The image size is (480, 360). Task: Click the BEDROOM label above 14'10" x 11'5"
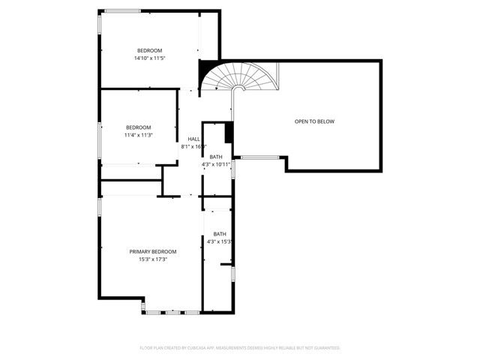[148, 50]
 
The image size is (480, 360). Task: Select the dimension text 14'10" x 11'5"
[148, 58]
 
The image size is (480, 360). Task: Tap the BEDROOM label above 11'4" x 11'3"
[139, 127]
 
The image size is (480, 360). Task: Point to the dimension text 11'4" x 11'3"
[139, 135]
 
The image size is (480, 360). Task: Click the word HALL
[193, 139]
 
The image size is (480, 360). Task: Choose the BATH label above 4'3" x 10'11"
[216, 157]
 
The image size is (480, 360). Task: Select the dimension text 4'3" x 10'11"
[219, 164]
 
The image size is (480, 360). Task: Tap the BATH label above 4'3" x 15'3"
[220, 234]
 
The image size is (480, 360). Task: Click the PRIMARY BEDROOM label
[153, 251]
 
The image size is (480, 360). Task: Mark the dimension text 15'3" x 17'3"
[153, 259]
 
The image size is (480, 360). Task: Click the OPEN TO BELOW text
[314, 121]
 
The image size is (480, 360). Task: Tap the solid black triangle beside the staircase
[203, 73]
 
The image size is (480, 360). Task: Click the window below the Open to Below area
[259, 157]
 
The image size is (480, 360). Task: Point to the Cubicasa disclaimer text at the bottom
[240, 348]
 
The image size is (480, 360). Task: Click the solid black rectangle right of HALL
[229, 130]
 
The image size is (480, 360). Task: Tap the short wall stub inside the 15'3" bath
[226, 265]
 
